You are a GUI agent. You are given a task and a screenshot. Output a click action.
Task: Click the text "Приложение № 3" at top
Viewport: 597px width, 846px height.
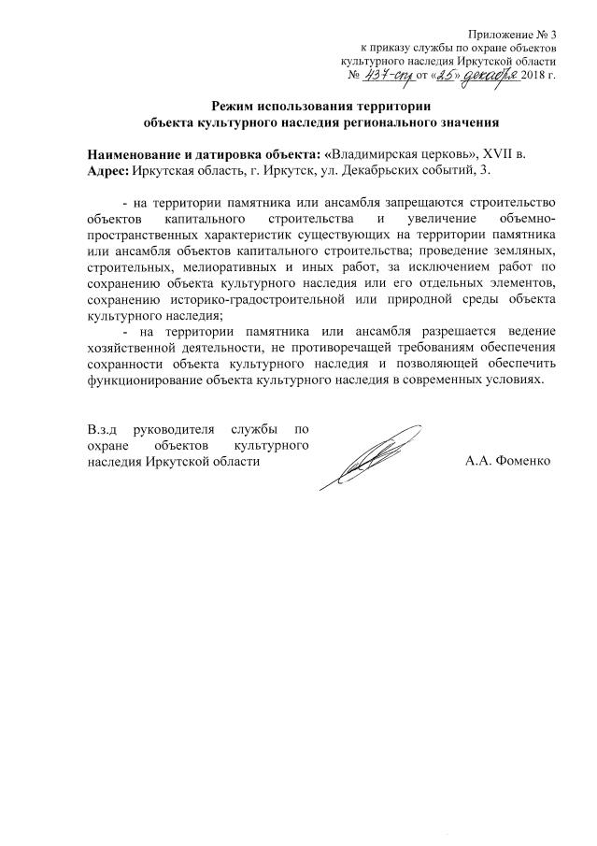(x=516, y=34)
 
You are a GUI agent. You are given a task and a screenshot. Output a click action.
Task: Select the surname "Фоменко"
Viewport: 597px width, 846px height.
(x=524, y=461)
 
